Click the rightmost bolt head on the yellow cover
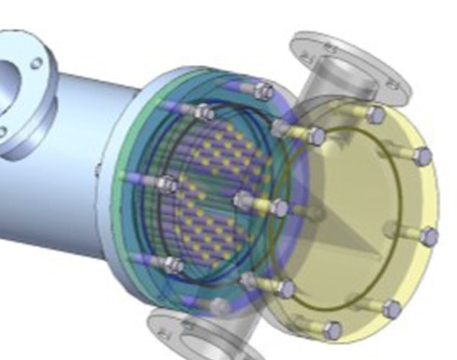[x=429, y=237]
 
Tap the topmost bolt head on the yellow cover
[x=376, y=114]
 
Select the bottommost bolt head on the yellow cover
[x=332, y=330]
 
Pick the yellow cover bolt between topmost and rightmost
[x=423, y=156]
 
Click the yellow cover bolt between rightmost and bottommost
[x=392, y=309]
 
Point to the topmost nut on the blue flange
[x=264, y=91]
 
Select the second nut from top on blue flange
[x=204, y=112]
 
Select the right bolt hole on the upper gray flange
[x=393, y=85]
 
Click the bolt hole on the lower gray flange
[x=165, y=335]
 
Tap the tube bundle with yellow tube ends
[x=216, y=202]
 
